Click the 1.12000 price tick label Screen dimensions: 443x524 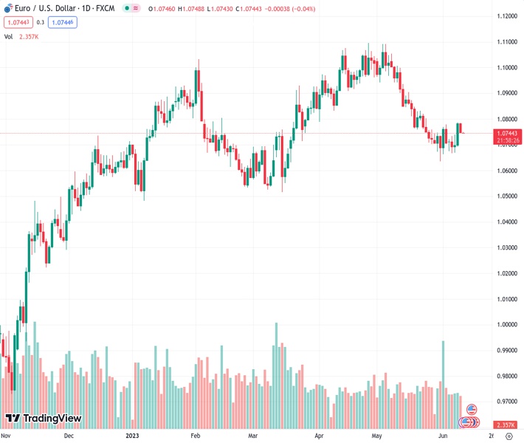(506, 16)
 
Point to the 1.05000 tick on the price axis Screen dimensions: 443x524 (506, 196)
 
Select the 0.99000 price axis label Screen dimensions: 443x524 (506, 351)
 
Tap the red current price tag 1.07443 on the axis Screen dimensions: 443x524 (506, 133)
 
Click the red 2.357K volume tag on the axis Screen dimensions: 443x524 (506, 425)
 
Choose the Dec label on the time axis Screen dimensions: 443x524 (69, 436)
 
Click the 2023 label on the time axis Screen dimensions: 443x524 (133, 436)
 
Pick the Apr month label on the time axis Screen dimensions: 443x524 (320, 436)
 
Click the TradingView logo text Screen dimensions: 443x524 (44, 419)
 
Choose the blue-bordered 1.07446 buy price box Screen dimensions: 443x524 (63, 22)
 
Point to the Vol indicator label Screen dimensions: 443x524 (9, 36)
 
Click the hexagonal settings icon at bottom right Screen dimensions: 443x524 (509, 436)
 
